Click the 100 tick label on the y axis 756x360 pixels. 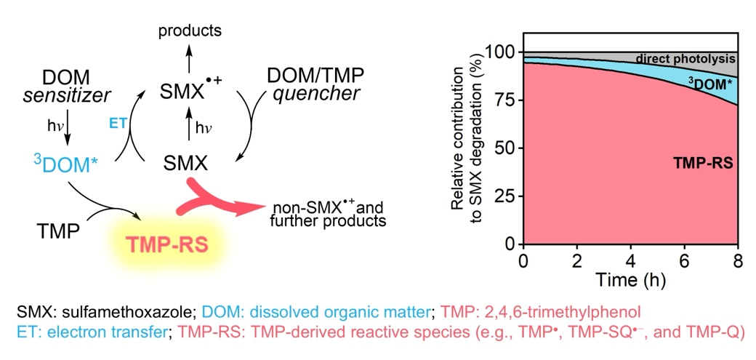(502, 53)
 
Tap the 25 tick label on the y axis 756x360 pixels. (506, 196)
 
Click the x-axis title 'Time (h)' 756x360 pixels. (631, 279)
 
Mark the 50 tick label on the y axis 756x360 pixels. (506, 148)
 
